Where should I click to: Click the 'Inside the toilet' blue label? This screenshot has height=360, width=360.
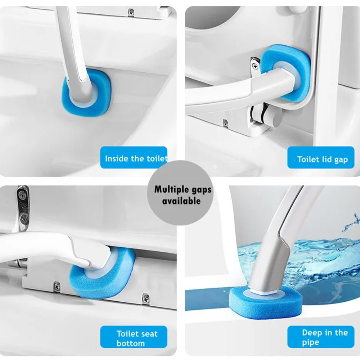(x=134, y=158)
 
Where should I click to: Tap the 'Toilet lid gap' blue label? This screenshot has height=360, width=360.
(x=321, y=158)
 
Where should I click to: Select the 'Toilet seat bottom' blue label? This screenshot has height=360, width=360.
(x=134, y=337)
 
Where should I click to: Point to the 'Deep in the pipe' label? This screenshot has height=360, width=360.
(x=321, y=337)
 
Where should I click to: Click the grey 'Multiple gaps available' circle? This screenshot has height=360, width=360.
(x=180, y=193)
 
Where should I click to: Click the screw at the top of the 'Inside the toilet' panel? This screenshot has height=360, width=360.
(x=131, y=11)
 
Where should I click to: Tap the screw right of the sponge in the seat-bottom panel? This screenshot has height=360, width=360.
(x=145, y=298)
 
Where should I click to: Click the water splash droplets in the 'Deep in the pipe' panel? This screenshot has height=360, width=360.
(x=351, y=224)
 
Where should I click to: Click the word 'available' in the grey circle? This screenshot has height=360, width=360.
(x=181, y=201)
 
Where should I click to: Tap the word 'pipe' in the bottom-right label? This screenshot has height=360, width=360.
(x=310, y=342)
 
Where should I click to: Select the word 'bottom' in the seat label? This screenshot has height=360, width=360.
(x=131, y=343)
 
